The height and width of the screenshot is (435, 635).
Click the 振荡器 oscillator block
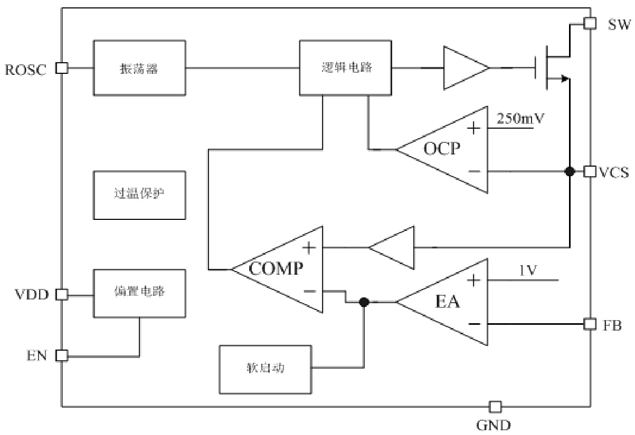coord(139,67)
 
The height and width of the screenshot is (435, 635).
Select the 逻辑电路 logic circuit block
coord(345,67)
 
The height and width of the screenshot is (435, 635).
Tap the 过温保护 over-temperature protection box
coord(139,195)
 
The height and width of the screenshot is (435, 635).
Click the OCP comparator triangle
coord(449,150)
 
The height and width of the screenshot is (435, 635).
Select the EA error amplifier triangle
coord(449,302)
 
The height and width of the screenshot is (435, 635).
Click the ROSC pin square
coord(62,67)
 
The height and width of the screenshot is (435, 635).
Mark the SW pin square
coord(590,23)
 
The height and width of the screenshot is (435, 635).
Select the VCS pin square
coord(590,171)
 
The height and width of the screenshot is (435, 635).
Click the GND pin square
coord(495,407)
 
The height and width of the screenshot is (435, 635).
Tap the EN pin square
coord(62,356)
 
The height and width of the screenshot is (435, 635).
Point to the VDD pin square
coord(62,295)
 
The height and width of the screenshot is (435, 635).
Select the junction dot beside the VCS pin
coord(569,171)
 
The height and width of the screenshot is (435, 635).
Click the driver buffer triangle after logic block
coord(465,67)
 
